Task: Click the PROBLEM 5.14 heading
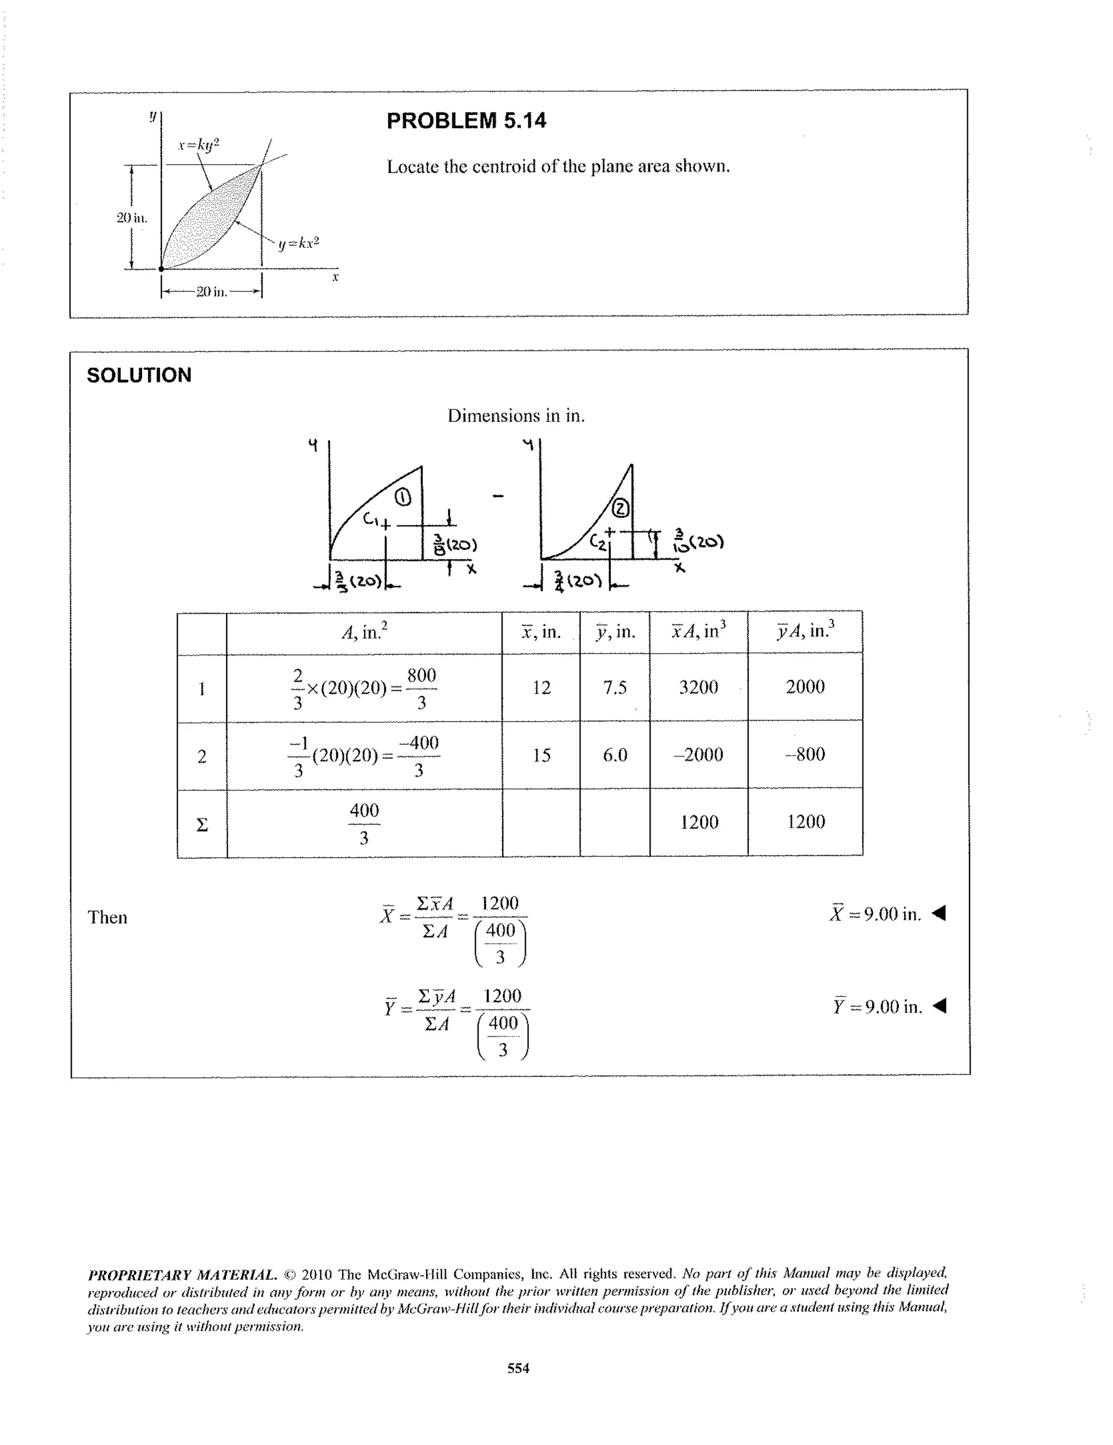click(466, 121)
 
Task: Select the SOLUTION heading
click(139, 375)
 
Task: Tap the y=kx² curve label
click(298, 243)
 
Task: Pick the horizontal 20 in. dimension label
click(211, 291)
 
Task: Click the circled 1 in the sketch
click(403, 497)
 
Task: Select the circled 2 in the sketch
click(622, 509)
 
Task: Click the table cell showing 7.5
click(614, 688)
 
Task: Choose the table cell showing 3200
click(698, 687)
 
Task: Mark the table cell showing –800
click(805, 754)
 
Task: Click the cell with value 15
click(541, 755)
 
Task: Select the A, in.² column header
click(364, 632)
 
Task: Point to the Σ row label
click(202, 824)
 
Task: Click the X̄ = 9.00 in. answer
click(876, 914)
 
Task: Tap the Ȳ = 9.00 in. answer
click(877, 1007)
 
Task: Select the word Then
click(107, 917)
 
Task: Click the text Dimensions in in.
click(516, 416)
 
